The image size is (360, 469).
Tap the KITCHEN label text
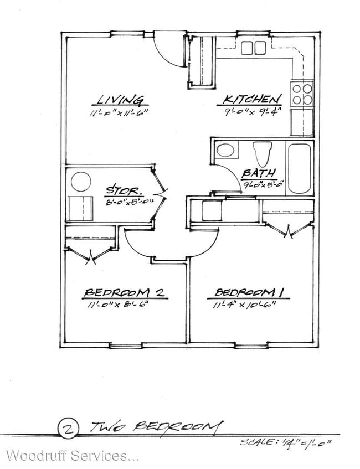tap(251, 100)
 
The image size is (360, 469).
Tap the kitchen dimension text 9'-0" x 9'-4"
tap(253, 112)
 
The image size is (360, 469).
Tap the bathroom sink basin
tap(225, 150)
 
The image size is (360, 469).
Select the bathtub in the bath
tap(299, 168)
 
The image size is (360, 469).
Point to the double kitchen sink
tap(254, 48)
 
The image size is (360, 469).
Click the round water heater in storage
tap(81, 182)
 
